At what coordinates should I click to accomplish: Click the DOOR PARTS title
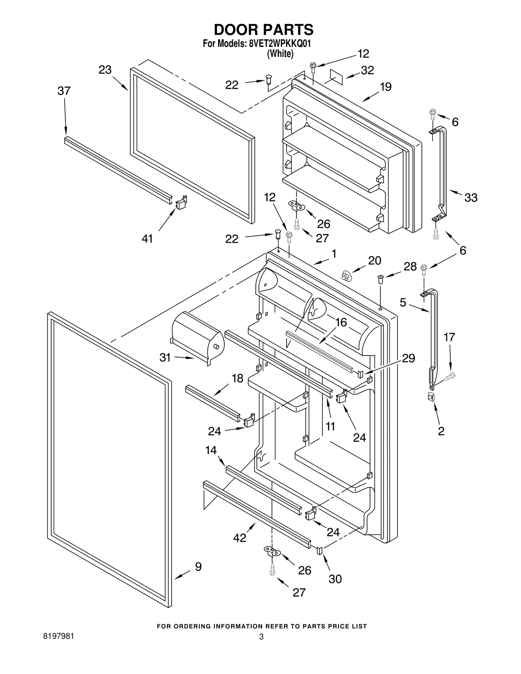tap(263, 30)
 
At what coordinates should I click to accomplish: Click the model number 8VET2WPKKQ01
tap(280, 44)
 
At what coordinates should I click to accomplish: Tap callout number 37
tap(64, 91)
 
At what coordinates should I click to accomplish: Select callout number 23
tap(105, 70)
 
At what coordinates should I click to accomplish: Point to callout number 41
tap(147, 239)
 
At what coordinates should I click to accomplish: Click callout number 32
tap(367, 70)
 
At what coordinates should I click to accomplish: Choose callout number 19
tap(386, 87)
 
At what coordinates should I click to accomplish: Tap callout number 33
tap(471, 198)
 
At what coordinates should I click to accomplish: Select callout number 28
tap(410, 267)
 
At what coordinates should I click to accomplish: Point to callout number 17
tap(449, 337)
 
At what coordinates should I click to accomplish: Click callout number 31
tap(165, 357)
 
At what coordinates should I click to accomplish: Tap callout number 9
tap(198, 567)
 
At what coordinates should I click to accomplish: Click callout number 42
tap(240, 538)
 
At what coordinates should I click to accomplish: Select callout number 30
tap(335, 579)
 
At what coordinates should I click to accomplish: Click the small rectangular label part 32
tap(336, 77)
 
